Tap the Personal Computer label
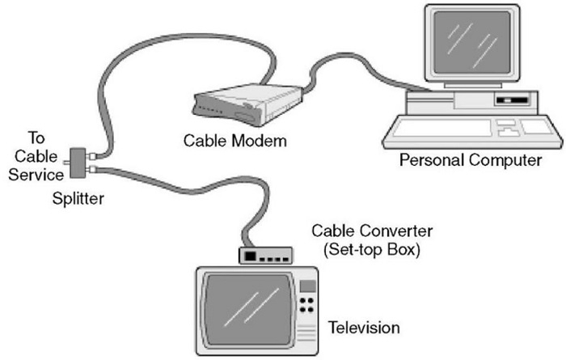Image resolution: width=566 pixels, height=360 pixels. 470,160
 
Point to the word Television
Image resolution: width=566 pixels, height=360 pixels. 364,328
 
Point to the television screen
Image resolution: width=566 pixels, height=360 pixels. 247,307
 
